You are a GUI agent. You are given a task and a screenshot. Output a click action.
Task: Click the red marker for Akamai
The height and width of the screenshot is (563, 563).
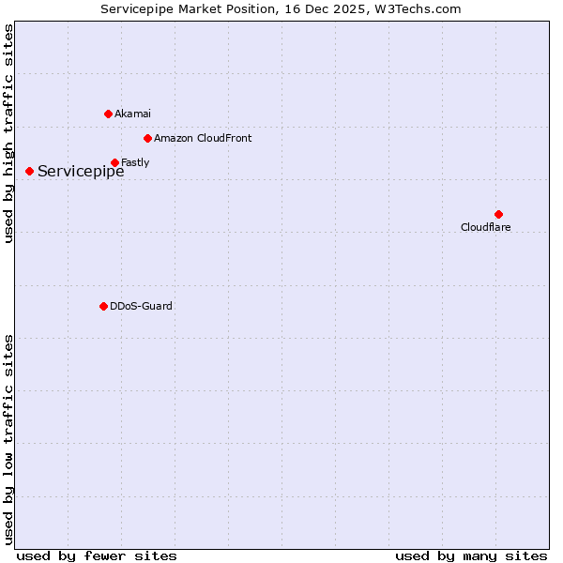(108, 114)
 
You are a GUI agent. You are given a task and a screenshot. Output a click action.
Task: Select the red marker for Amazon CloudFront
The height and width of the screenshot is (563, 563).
(147, 138)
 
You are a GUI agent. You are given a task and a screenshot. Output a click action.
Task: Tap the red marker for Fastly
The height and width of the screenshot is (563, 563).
(114, 162)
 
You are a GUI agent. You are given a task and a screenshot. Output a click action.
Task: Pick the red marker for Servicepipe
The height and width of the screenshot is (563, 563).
(29, 171)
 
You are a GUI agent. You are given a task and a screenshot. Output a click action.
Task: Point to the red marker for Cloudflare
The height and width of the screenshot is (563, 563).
(498, 214)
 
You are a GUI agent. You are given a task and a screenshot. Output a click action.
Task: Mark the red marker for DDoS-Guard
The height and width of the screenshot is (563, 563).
(103, 306)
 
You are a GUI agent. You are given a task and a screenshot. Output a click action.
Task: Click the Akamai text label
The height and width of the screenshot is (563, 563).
(132, 114)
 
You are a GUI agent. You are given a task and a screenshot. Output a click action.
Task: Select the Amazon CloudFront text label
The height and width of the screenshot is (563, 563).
(203, 138)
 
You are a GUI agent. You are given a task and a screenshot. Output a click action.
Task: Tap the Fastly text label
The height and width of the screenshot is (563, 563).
(135, 162)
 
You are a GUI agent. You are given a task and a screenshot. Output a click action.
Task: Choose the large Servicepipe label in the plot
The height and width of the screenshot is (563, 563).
(81, 171)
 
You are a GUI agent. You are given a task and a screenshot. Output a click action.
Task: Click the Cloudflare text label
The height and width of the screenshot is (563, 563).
(486, 227)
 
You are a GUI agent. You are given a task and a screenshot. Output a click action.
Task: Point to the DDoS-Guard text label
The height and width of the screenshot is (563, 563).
(141, 306)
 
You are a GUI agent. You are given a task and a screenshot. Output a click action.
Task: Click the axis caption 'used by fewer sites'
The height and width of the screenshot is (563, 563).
(97, 555)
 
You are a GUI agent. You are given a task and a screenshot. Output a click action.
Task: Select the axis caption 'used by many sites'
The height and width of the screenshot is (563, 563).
(471, 555)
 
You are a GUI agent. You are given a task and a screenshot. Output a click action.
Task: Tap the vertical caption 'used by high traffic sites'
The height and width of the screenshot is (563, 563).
(8, 134)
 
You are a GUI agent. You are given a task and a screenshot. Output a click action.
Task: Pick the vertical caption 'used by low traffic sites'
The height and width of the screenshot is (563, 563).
(8, 439)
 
